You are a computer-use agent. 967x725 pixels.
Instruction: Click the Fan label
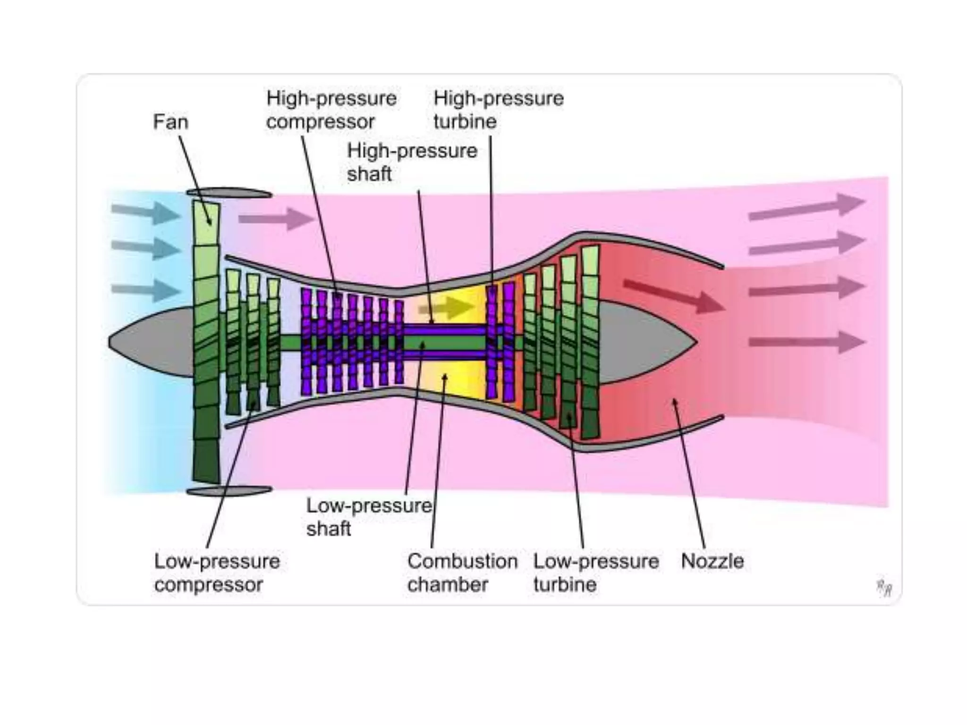click(x=170, y=122)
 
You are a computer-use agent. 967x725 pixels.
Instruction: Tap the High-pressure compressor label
click(x=331, y=110)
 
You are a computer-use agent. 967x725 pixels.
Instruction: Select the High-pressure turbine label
click(x=498, y=110)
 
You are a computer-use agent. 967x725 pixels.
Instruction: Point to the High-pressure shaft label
click(x=412, y=162)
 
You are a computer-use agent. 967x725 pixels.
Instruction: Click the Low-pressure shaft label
click(x=368, y=517)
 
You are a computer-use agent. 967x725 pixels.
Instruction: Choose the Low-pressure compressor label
click(x=217, y=573)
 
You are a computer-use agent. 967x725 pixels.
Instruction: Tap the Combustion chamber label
click(x=462, y=573)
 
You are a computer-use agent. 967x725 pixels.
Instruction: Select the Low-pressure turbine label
click(x=596, y=573)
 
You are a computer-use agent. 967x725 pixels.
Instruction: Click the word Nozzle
click(x=712, y=561)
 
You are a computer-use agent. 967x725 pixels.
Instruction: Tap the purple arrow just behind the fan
click(x=276, y=219)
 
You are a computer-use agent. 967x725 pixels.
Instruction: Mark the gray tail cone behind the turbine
click(x=642, y=343)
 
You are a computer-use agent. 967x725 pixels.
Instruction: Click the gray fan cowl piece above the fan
click(x=229, y=193)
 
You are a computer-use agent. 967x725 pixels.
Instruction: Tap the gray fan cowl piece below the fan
click(x=229, y=491)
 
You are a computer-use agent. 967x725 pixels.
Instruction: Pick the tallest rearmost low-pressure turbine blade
click(x=590, y=342)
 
